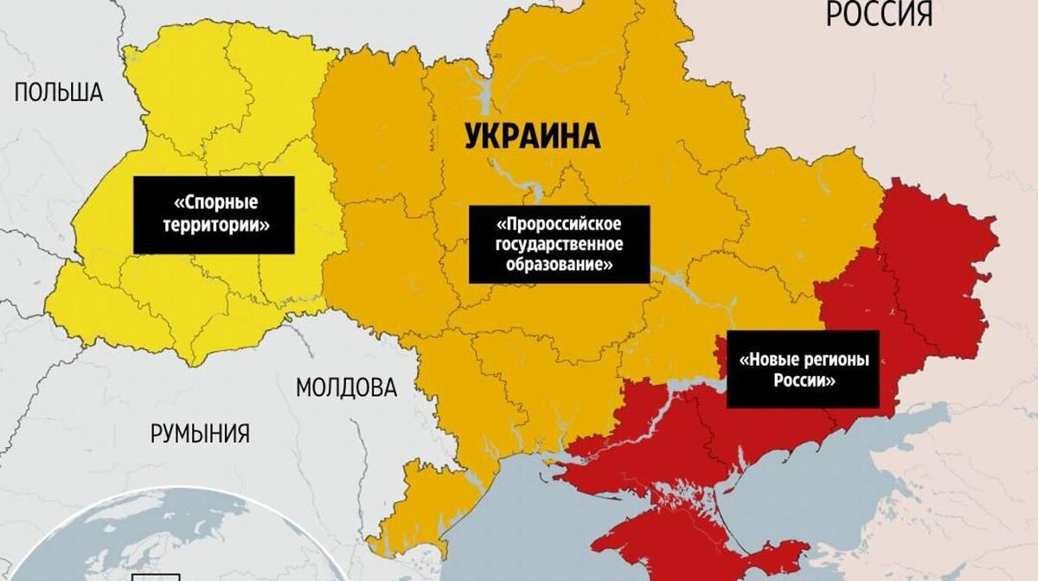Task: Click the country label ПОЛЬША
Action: point(59,93)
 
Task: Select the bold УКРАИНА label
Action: point(532,137)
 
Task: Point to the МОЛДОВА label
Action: point(346,387)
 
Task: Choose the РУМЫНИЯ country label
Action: point(200,433)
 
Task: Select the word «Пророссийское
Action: point(559,223)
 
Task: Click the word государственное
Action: point(559,244)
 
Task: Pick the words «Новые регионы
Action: point(803,359)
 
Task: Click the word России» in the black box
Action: point(803,380)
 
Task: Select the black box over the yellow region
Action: point(215,214)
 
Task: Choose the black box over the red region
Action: point(803,369)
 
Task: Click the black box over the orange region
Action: point(559,244)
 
